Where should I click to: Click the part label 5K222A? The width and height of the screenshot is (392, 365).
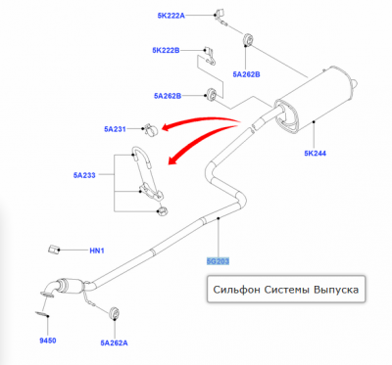(171, 16)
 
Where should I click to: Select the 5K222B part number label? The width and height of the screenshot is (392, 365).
(166, 50)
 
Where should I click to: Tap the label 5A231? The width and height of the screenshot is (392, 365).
(115, 129)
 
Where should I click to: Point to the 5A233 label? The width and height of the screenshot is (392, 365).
(84, 175)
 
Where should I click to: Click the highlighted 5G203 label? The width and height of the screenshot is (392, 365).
(218, 261)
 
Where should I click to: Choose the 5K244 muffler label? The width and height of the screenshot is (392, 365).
(315, 153)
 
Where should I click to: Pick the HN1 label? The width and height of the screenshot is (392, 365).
(97, 251)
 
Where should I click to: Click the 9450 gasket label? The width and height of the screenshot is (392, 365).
(48, 341)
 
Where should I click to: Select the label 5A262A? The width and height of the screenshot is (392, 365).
(114, 342)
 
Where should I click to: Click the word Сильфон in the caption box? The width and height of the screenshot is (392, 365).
(237, 290)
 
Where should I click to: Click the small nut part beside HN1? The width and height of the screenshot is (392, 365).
(53, 250)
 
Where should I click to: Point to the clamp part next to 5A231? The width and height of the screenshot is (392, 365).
(150, 129)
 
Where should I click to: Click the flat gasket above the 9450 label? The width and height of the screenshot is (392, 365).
(42, 314)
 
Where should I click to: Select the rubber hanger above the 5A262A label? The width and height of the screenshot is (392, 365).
(114, 312)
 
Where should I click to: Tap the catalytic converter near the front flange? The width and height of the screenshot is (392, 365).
(70, 286)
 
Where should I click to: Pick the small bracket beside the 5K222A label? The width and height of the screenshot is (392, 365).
(219, 16)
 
